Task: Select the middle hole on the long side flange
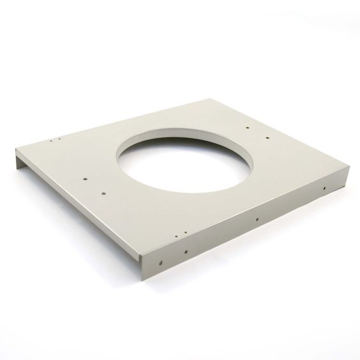coord(257,220)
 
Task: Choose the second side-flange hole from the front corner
coord(185,250)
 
